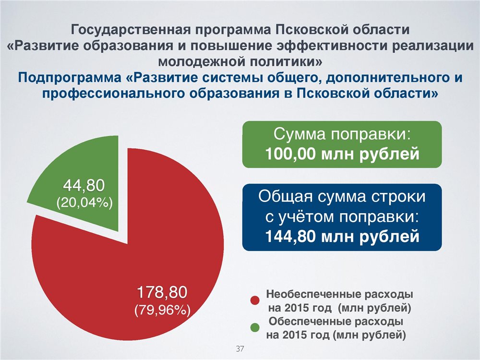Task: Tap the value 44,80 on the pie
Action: tap(84, 185)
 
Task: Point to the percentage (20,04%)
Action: tap(84, 203)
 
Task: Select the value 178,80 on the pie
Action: tap(162, 292)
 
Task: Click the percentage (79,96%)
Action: tap(163, 310)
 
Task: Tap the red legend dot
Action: tap(255, 300)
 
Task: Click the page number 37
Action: tap(240, 348)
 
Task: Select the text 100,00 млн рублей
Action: tap(342, 154)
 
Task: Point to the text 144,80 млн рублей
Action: tap(342, 236)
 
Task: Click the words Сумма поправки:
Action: tap(342, 134)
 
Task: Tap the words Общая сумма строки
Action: tap(342, 196)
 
